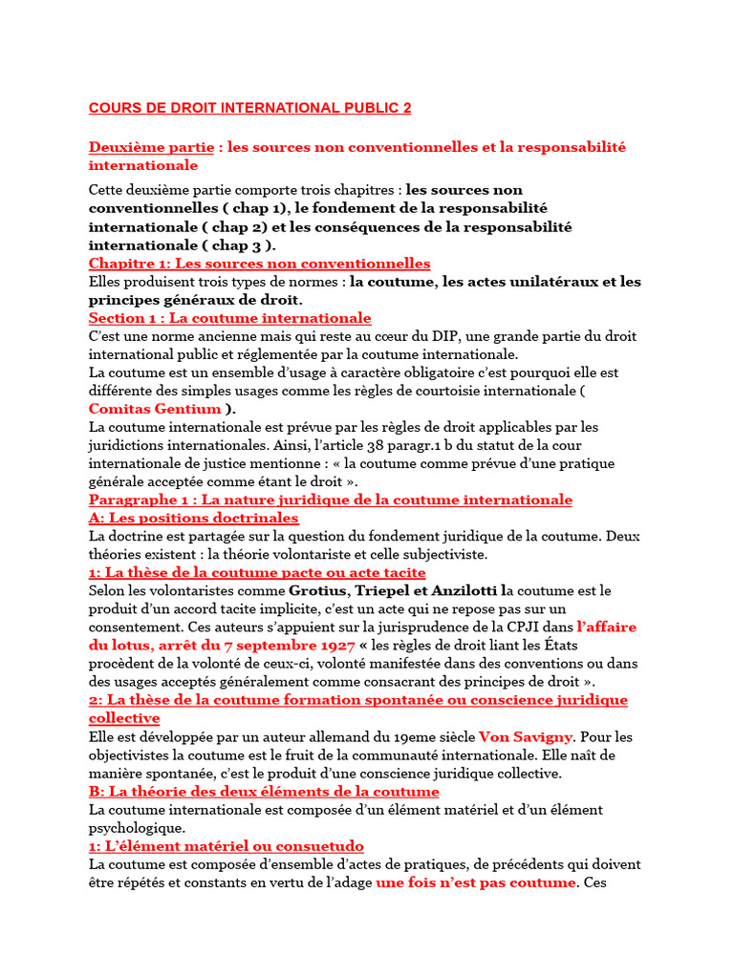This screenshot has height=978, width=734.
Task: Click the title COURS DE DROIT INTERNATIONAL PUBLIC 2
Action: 249,108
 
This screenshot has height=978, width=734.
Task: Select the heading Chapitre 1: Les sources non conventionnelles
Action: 259,264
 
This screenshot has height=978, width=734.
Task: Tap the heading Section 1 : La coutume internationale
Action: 229,318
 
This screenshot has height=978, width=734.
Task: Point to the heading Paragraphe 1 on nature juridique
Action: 330,500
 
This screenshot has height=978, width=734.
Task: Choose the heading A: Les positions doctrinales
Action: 193,518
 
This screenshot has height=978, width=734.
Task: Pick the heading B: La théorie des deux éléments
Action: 264,792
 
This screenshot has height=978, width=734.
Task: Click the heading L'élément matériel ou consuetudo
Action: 226,846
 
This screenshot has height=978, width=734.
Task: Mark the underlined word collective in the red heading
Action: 124,718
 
